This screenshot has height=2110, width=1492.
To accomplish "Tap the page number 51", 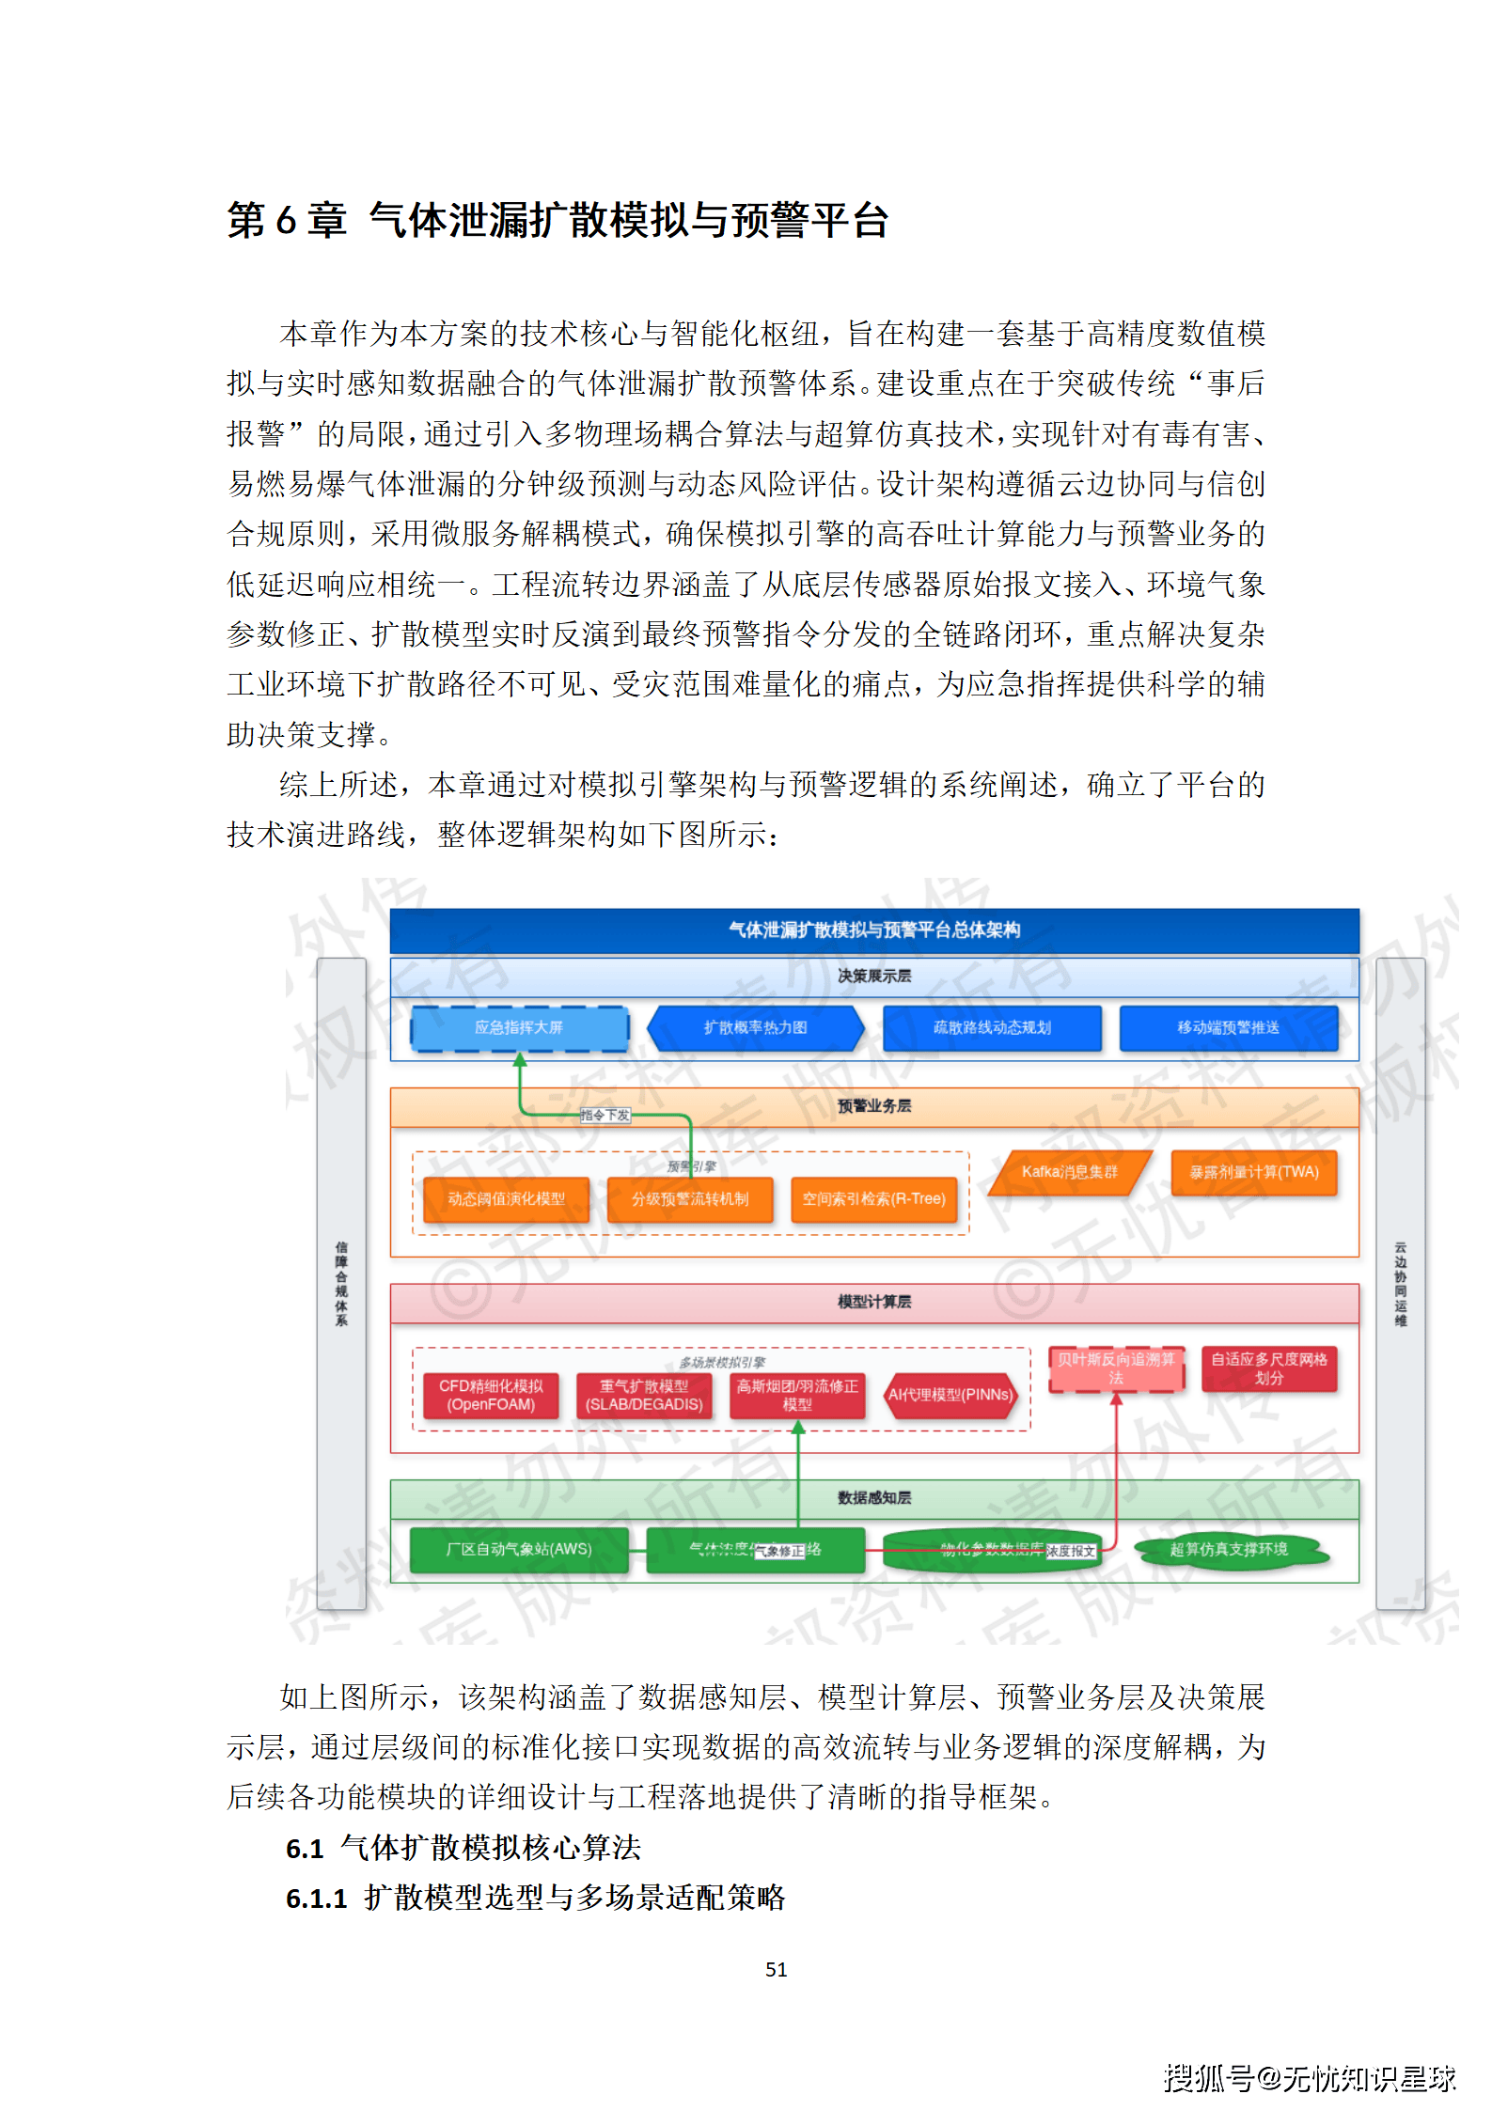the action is pos(776,1969).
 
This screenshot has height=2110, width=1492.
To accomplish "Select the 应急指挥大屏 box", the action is pos(519,1027).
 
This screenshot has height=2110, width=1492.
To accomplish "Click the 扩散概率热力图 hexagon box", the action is pos(755,1027).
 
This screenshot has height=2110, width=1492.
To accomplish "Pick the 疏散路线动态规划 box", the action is pos(992,1027).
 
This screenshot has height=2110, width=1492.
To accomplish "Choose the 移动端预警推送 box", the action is pos(1228,1027).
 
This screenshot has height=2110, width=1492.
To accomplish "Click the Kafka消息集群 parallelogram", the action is pos(1070,1172).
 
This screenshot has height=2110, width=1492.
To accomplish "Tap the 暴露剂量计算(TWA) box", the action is pos(1254,1172).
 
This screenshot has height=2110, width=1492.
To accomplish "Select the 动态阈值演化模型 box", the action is pos(506,1199).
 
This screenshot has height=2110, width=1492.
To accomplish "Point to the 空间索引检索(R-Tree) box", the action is pos(873,1199).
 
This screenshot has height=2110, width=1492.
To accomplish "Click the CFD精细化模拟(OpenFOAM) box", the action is pos(491,1396).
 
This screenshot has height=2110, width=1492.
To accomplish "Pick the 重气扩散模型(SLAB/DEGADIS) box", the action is pos(644,1396).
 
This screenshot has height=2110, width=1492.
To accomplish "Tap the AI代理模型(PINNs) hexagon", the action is pos(950,1396).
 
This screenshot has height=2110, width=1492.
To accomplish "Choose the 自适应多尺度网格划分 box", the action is pos(1268,1368).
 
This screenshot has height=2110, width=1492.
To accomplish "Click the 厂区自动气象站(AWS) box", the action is pos(519,1549).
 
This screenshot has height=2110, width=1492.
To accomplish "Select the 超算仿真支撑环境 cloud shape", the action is pos(1229,1549).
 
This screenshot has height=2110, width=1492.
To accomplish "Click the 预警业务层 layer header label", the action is pos(874,1106).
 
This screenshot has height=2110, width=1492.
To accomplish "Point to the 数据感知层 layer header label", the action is pos(874,1498).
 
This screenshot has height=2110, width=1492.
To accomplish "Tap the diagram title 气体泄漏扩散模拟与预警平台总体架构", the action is pos(874,930).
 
